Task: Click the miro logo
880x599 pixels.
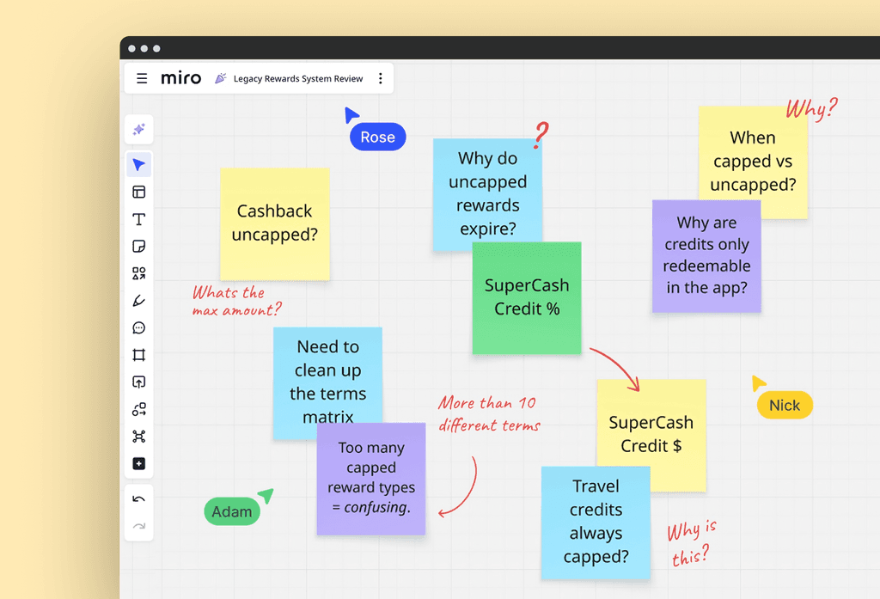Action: (x=180, y=78)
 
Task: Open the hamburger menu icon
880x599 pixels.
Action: (x=142, y=78)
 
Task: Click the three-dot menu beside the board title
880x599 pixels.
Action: (x=381, y=78)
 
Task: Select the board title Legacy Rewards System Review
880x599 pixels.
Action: (x=298, y=78)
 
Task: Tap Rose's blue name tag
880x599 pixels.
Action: (x=378, y=137)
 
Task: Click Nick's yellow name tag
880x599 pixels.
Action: (x=785, y=406)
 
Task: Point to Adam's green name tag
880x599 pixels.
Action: (x=232, y=511)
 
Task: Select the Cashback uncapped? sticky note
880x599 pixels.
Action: (x=274, y=224)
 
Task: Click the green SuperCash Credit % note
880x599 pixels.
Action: (x=527, y=298)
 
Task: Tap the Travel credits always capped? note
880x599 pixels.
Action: (x=596, y=523)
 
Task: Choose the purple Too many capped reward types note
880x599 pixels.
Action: (x=371, y=479)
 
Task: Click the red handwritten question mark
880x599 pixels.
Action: (x=541, y=135)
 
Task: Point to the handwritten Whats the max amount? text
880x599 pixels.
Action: (x=236, y=301)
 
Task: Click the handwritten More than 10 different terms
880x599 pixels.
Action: (x=489, y=413)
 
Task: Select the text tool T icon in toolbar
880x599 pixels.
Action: (x=138, y=219)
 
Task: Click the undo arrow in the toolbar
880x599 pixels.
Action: (x=138, y=499)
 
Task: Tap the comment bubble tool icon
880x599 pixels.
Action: (x=138, y=327)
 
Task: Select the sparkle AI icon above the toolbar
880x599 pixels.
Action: (x=138, y=129)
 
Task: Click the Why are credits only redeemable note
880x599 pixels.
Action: (x=706, y=256)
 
